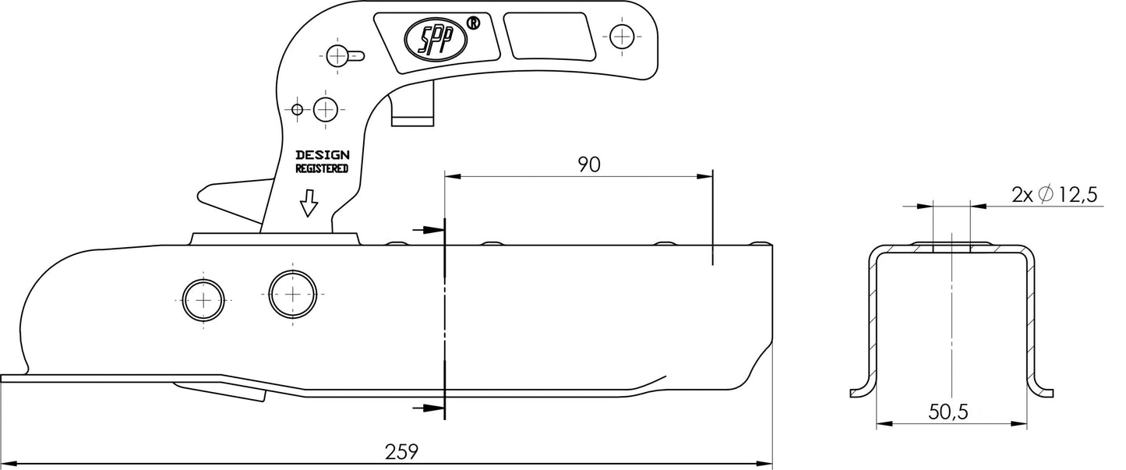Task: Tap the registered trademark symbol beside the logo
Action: (472, 23)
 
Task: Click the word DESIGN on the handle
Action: (322, 155)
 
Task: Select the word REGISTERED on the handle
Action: (322, 168)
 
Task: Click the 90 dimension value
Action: (589, 164)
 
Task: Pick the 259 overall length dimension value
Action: (402, 451)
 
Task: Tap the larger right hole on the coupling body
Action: (292, 295)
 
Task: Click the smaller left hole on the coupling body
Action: (203, 300)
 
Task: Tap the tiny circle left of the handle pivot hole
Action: (298, 109)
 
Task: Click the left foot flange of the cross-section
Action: (862, 390)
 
